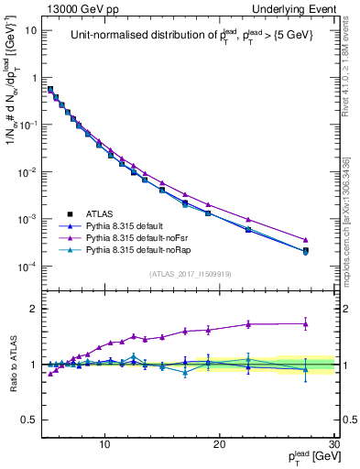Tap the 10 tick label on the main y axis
[x=31, y=29]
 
